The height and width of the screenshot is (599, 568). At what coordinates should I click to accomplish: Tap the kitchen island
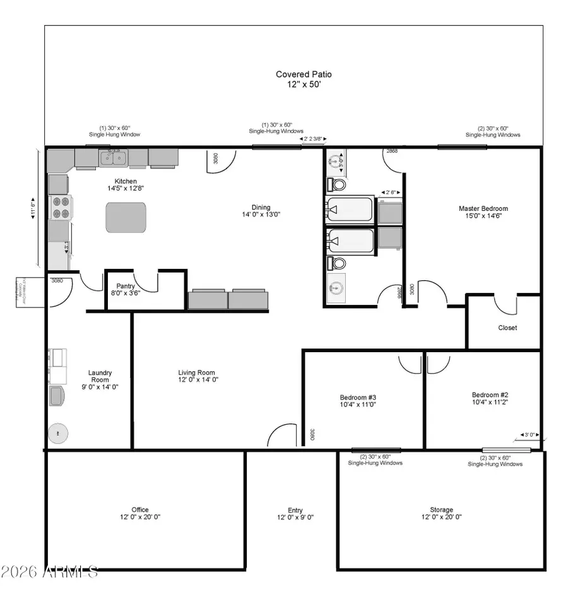(126, 218)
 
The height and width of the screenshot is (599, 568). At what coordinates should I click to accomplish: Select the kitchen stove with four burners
(61, 207)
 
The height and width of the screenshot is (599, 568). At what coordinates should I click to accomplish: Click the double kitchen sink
(114, 157)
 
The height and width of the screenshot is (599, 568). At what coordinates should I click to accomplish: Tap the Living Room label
(197, 372)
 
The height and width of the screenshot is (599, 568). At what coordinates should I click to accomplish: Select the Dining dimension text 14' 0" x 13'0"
(261, 215)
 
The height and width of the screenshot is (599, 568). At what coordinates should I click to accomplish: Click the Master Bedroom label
(483, 208)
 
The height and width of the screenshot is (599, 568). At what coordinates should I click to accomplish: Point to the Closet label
(507, 328)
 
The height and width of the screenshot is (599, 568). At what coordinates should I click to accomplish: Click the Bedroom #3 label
(358, 397)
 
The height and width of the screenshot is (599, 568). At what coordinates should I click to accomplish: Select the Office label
(140, 509)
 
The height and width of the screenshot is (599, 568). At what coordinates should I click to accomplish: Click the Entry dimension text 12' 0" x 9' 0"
(295, 518)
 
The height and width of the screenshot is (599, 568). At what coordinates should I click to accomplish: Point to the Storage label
(441, 509)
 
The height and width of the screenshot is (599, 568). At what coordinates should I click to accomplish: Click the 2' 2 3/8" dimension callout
(314, 139)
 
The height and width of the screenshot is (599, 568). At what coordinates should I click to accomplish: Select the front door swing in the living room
(281, 437)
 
